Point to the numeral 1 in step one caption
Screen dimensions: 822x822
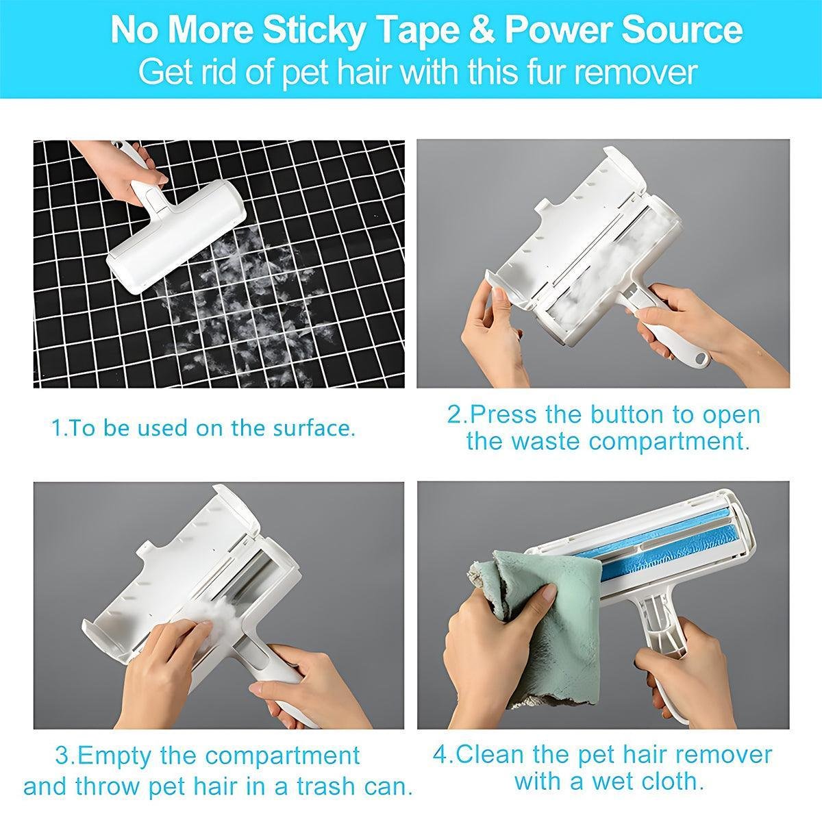tap(56, 429)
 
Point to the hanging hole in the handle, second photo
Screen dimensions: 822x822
tap(700, 358)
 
